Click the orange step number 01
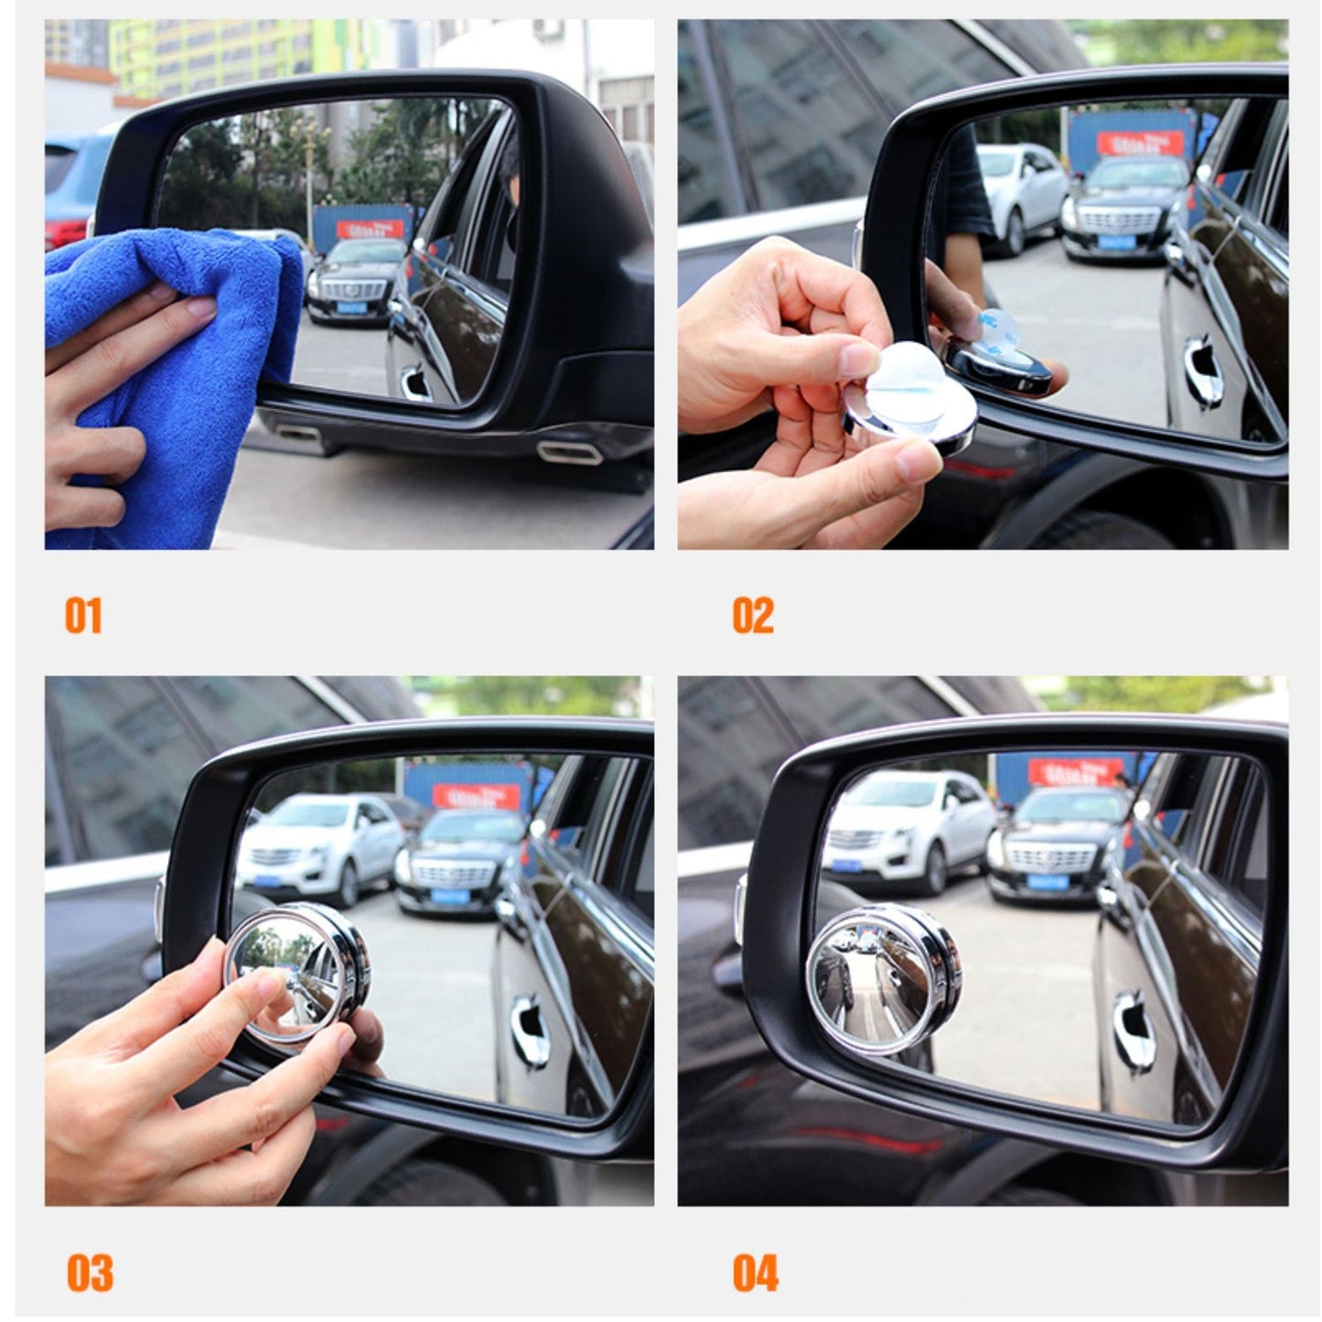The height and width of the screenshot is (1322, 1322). (83, 616)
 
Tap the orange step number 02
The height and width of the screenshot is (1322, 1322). (752, 616)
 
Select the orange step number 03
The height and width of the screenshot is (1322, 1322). (90, 1273)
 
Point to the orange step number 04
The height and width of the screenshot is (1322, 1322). (755, 1273)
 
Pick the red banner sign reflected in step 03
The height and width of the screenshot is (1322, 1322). (476, 795)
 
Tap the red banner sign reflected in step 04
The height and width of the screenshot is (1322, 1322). (1075, 771)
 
